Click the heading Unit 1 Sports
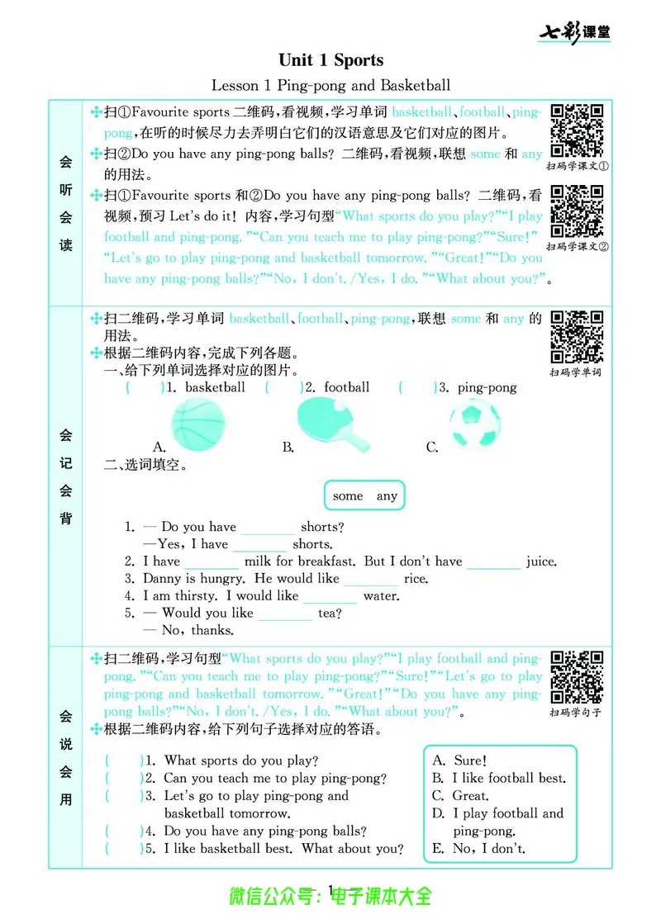330,59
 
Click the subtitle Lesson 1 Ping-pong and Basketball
330,85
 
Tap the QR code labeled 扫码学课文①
578,131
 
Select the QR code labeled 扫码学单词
577,337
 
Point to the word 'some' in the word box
348,496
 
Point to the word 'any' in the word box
387,496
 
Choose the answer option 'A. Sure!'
459,761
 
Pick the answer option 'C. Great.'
460,796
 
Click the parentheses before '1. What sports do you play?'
123,761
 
